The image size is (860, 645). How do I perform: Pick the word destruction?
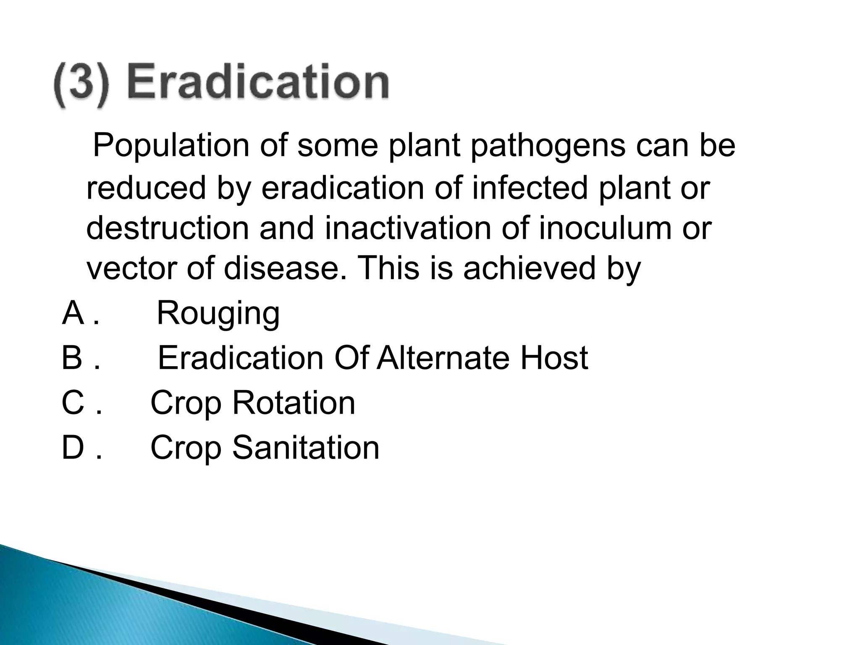pyautogui.click(x=168, y=228)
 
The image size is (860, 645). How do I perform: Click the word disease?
pyautogui.click(x=286, y=268)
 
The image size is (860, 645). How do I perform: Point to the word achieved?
pyautogui.click(x=529, y=268)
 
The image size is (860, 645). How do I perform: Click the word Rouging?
pyautogui.click(x=218, y=315)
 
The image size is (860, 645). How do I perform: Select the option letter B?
pyautogui.click(x=72, y=358)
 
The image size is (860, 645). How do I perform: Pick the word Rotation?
pyautogui.click(x=294, y=403)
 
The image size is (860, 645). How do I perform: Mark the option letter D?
pyautogui.click(x=73, y=448)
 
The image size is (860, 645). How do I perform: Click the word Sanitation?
pyautogui.click(x=306, y=448)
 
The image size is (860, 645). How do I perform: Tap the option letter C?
pyautogui.click(x=73, y=403)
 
